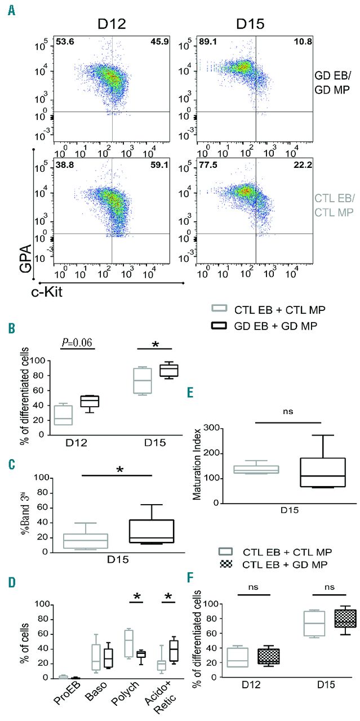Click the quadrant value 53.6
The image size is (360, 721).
point(65,41)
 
